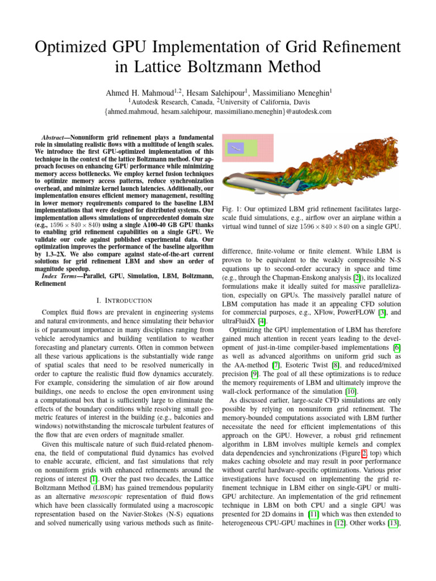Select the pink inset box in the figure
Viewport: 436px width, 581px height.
click(x=248, y=148)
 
